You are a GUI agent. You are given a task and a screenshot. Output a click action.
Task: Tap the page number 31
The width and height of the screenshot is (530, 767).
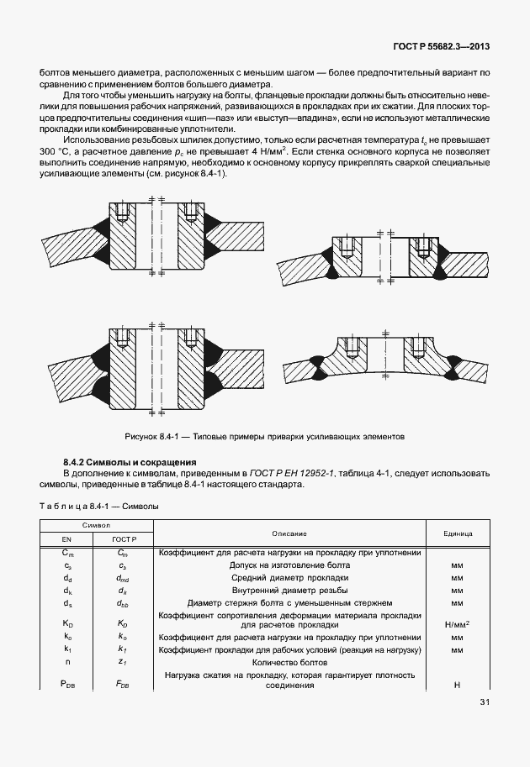(x=485, y=701)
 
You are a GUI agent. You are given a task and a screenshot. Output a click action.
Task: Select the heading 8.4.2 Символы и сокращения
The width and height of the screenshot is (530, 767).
(x=130, y=462)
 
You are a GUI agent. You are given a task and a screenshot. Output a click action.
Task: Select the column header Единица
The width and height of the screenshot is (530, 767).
(x=457, y=533)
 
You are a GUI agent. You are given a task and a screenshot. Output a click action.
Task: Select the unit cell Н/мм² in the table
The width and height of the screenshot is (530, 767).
(x=457, y=626)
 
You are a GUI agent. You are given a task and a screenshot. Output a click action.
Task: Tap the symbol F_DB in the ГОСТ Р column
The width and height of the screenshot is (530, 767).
(x=124, y=685)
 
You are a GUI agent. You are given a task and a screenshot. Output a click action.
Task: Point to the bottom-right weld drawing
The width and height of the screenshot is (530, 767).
(x=383, y=360)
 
